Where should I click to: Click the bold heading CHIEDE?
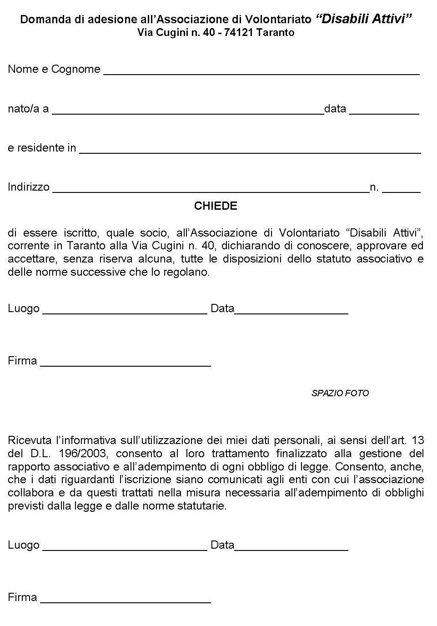[x=216, y=206]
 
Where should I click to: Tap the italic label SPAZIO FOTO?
[x=340, y=393]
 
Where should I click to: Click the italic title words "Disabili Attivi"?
[x=363, y=19]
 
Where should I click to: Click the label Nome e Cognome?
[x=54, y=69]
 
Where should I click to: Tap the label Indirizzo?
[x=28, y=187]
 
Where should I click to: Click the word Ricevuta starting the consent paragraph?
[x=30, y=440]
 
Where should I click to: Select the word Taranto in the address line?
[x=275, y=33]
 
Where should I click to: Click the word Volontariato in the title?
[x=278, y=20]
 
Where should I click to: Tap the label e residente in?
[x=42, y=148]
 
